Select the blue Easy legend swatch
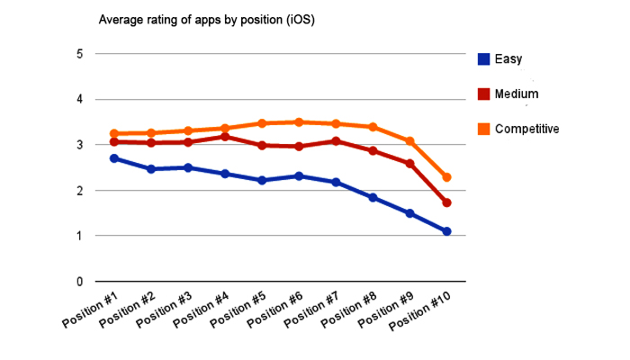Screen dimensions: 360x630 tap(483, 59)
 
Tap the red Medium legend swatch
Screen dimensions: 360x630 tap(483, 94)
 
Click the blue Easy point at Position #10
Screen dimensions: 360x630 tap(446, 231)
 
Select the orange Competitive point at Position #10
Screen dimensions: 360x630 tap(446, 177)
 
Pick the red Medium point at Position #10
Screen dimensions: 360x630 tap(446, 202)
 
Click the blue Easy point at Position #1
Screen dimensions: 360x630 tap(114, 158)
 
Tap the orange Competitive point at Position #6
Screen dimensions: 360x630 tap(299, 122)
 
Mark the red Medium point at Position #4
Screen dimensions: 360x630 tap(225, 137)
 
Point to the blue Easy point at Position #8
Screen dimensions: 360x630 tap(373, 197)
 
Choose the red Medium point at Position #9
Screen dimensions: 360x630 tap(409, 164)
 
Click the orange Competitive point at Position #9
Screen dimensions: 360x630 tap(409, 141)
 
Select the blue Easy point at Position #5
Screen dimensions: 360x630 tap(262, 180)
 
